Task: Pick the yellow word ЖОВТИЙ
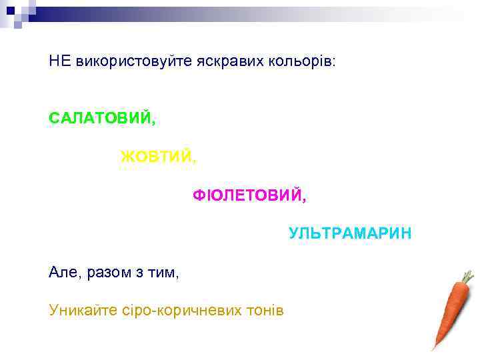click(x=157, y=157)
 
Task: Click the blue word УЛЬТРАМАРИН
click(x=350, y=234)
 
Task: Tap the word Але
click(x=64, y=272)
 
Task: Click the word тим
click(x=163, y=272)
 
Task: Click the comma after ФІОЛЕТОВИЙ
click(x=305, y=199)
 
